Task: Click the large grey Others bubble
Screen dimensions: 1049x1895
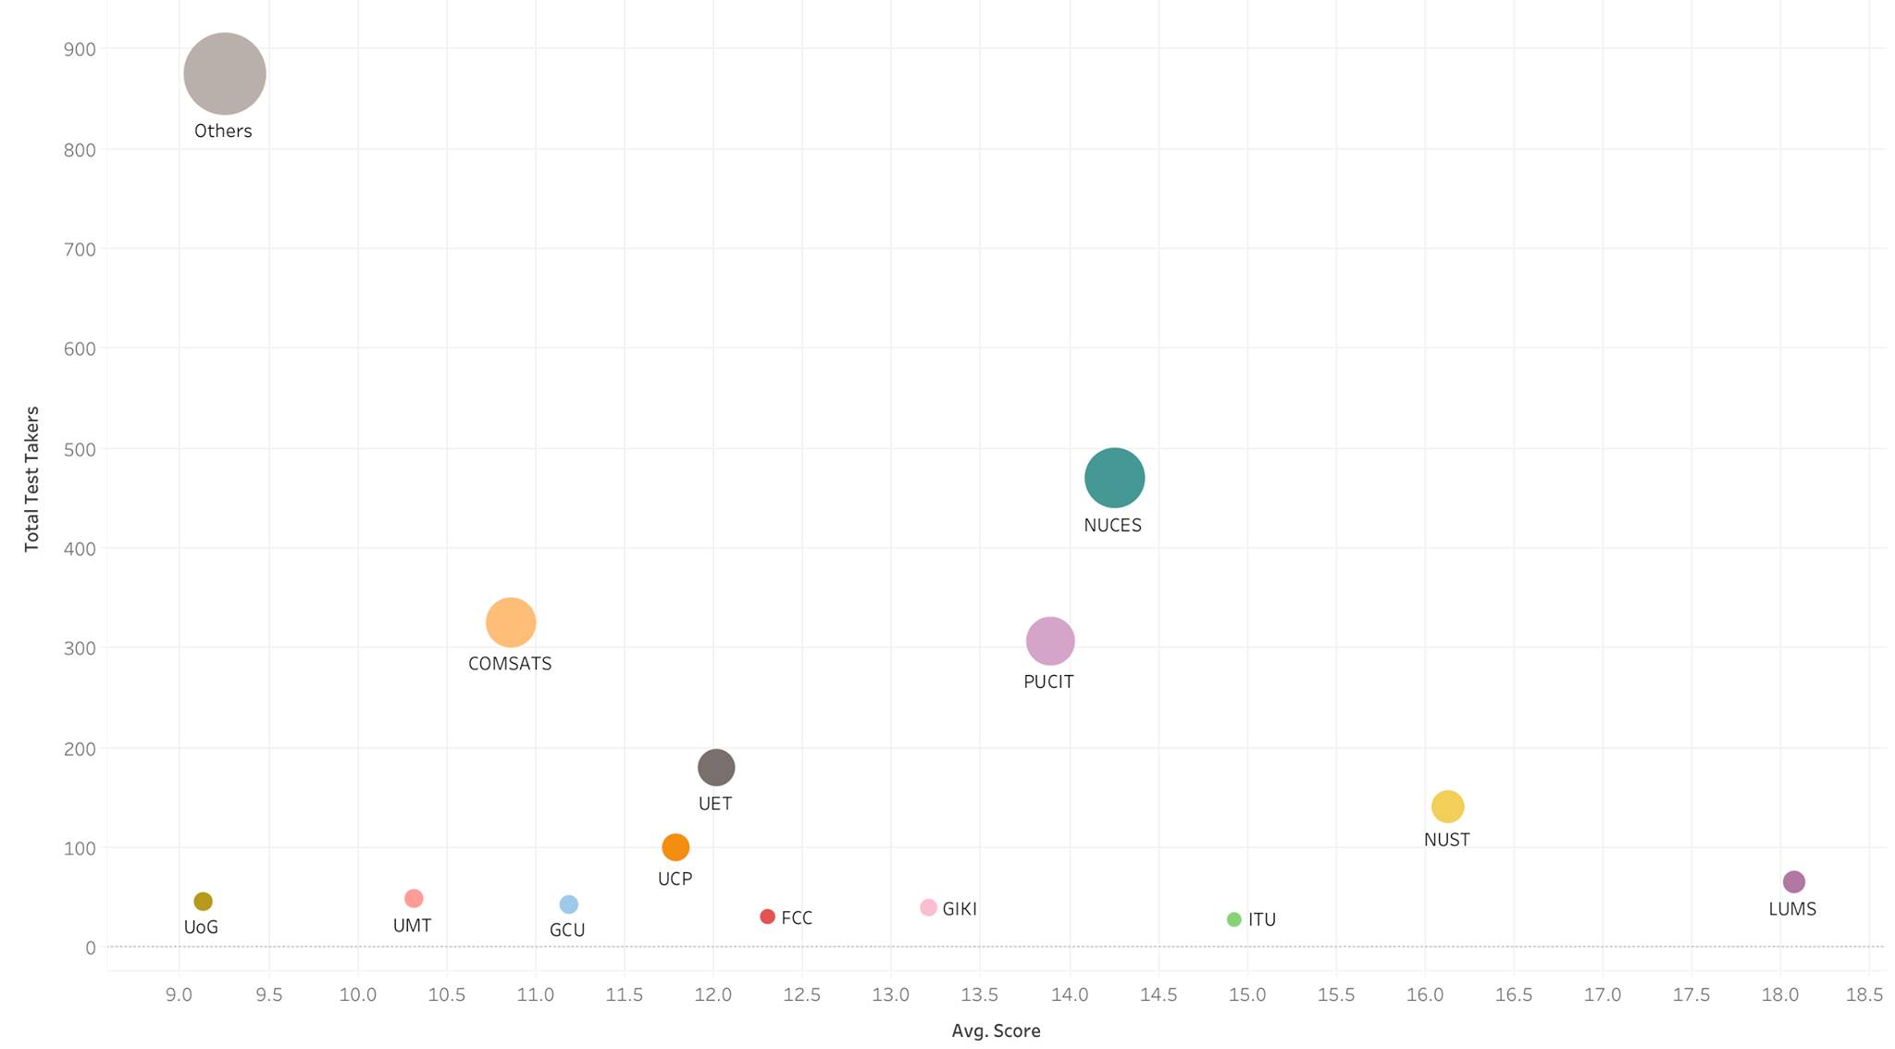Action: (x=225, y=73)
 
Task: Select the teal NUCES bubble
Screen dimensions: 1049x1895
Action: (x=1114, y=478)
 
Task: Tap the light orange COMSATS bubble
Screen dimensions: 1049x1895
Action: (x=511, y=622)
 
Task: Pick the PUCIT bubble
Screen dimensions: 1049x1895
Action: (x=1050, y=641)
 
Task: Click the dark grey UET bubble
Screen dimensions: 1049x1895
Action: (x=715, y=767)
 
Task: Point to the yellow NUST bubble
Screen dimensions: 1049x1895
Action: (x=1447, y=806)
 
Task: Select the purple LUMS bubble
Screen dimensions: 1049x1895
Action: (x=1793, y=881)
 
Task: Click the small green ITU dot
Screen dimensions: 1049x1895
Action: (x=1233, y=919)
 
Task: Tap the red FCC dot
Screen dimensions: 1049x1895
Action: (x=767, y=917)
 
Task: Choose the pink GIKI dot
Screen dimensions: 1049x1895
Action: (x=928, y=907)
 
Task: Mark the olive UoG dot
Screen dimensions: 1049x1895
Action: (x=203, y=901)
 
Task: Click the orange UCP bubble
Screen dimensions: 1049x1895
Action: (x=675, y=847)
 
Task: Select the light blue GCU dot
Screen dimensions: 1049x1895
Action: (x=568, y=904)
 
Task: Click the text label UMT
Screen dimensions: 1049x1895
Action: (x=412, y=925)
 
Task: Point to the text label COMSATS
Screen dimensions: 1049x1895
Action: (x=510, y=664)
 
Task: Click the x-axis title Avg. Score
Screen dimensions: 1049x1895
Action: (x=996, y=1030)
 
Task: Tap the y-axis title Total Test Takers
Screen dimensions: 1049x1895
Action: (x=32, y=479)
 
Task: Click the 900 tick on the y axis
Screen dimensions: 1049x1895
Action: (x=80, y=49)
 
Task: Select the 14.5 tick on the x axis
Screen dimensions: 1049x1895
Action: (x=1158, y=994)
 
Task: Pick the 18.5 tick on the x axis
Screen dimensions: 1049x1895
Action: (x=1864, y=994)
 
